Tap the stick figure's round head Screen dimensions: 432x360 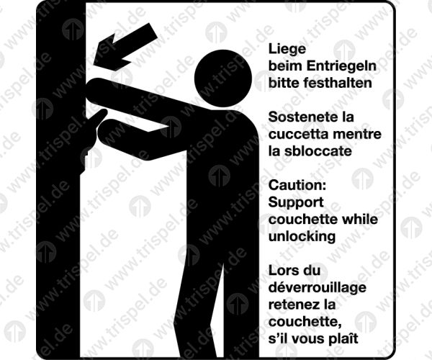pyautogui.click(x=223, y=78)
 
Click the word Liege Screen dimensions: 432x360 pyautogui.click(x=287, y=50)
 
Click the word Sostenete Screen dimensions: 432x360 pyautogui.click(x=300, y=117)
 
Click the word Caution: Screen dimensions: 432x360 pyautogui.click(x=297, y=185)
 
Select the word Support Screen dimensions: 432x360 pyautogui.click(x=296, y=203)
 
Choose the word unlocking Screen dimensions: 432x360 pyautogui.click(x=302, y=237)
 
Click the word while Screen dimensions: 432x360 pyautogui.click(x=360, y=220)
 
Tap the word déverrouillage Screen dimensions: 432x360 pyautogui.click(x=318, y=288)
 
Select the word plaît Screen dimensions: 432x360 pyautogui.click(x=344, y=338)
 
